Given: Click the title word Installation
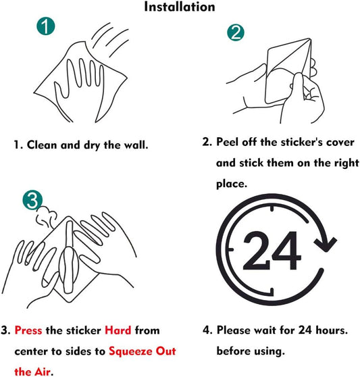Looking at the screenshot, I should (x=180, y=7).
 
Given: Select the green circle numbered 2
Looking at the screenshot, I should (x=235, y=32).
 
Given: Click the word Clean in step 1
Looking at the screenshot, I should (x=43, y=145).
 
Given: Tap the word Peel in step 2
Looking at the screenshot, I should (x=228, y=143).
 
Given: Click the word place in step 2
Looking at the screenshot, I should (x=231, y=183).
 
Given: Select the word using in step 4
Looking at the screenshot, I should (x=272, y=351).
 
